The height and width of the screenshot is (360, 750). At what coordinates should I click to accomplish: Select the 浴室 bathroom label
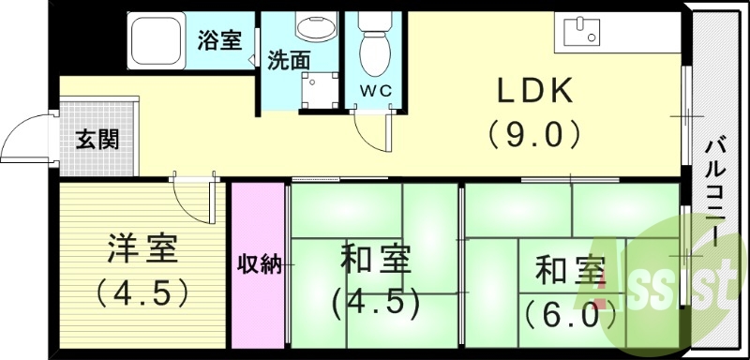219,40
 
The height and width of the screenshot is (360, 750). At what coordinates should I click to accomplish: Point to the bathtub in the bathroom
157,40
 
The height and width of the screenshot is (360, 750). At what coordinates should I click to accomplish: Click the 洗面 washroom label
289,61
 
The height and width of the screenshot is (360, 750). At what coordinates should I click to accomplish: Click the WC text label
377,91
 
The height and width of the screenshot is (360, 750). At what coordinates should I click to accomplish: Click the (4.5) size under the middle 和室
373,302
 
